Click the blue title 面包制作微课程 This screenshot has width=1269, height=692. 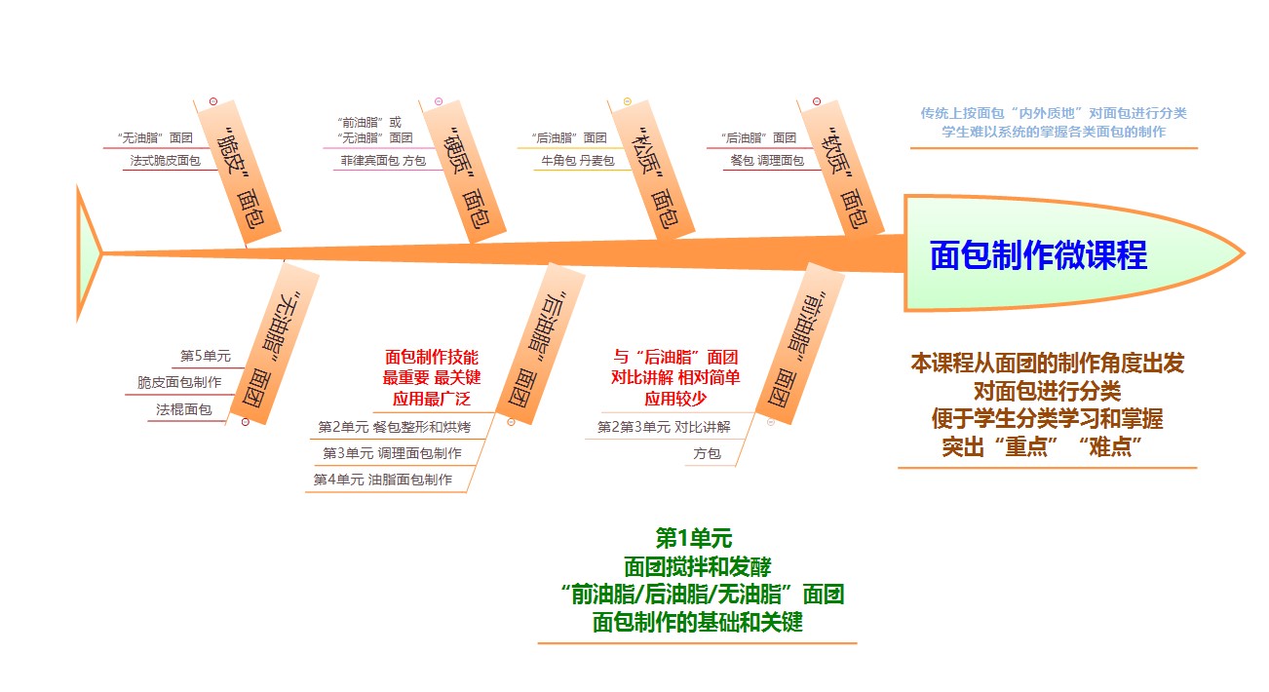(x=1038, y=255)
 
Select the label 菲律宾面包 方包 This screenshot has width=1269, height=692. (x=383, y=160)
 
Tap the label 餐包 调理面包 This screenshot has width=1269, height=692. (x=766, y=160)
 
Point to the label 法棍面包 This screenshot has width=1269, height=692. (x=184, y=410)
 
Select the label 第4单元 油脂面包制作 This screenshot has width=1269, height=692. (x=383, y=480)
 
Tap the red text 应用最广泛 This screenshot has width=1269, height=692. (x=433, y=398)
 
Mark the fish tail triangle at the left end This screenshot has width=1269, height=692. (x=87, y=253)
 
